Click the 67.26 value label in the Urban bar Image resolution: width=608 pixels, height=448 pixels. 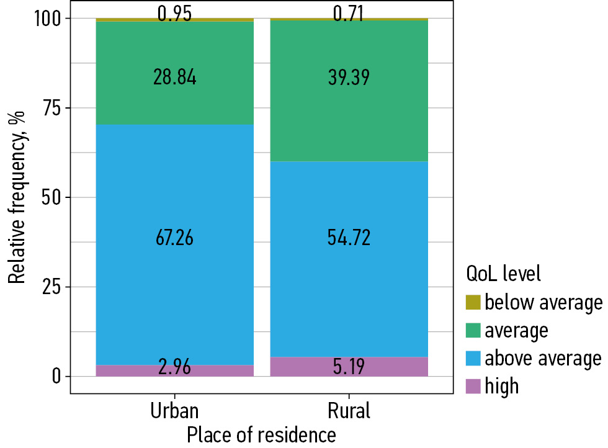pyautogui.click(x=174, y=238)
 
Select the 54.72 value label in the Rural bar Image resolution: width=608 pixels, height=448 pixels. pyautogui.click(x=349, y=238)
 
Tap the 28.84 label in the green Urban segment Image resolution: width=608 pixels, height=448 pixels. pyautogui.click(x=174, y=78)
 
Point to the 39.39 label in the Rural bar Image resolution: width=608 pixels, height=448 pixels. pyautogui.click(x=349, y=78)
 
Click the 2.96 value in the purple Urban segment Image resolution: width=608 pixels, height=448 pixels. pyautogui.click(x=174, y=367)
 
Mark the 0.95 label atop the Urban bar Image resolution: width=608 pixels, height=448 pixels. pyautogui.click(x=174, y=13)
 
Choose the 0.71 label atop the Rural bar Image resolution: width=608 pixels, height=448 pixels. pyautogui.click(x=349, y=13)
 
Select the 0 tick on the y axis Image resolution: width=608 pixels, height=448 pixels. pyautogui.click(x=57, y=376)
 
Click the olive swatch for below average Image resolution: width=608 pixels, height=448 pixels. pyautogui.click(x=473, y=303)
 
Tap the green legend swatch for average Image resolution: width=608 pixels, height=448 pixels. pyautogui.click(x=473, y=331)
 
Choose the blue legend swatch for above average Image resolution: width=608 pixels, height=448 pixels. pyautogui.click(x=473, y=359)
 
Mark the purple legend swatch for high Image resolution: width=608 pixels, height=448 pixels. pyautogui.click(x=473, y=387)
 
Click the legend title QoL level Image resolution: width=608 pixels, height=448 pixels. pyautogui.click(x=503, y=272)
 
